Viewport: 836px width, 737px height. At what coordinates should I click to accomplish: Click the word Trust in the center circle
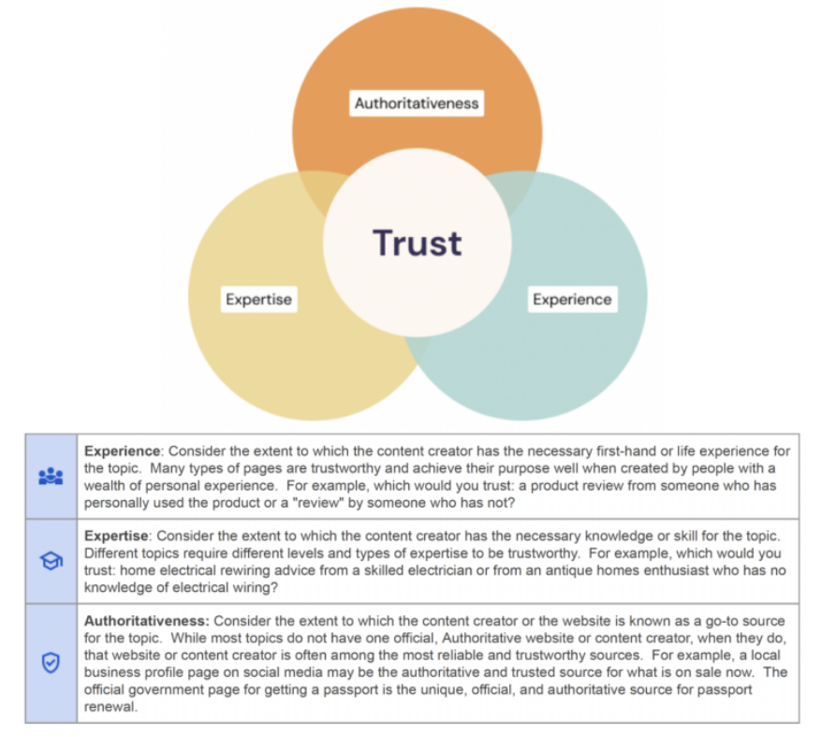[x=418, y=243]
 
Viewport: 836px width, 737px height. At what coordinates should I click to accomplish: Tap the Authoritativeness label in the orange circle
[x=417, y=103]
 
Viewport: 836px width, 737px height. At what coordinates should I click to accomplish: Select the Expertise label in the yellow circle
[x=258, y=300]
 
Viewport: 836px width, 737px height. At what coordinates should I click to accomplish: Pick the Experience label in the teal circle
[x=571, y=300]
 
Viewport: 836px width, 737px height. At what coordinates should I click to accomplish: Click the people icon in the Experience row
[x=51, y=477]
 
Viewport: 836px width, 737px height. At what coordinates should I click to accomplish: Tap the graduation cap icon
[x=51, y=561]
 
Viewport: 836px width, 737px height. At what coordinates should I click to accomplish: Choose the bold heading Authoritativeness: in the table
[x=148, y=621]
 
